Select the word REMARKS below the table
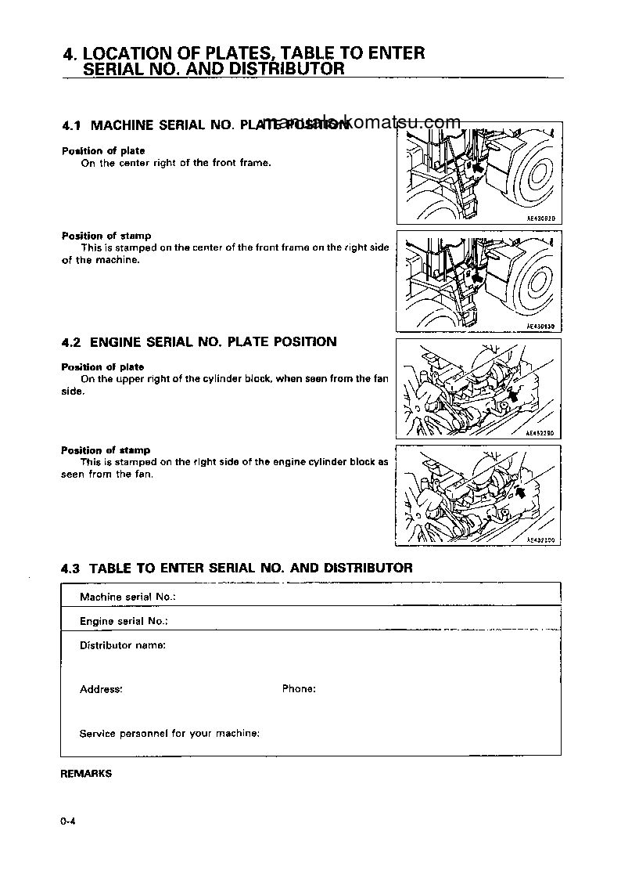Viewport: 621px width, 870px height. [86, 774]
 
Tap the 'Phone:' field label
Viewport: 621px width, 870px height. [299, 689]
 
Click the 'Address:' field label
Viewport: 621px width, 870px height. [101, 690]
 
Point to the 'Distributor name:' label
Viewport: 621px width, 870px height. [122, 646]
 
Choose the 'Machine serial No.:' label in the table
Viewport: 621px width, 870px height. [127, 597]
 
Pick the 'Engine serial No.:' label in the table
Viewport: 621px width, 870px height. [124, 621]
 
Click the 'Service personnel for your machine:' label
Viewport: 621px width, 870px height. [170, 734]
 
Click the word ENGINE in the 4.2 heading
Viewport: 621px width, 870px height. [117, 342]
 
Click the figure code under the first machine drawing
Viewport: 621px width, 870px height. [540, 220]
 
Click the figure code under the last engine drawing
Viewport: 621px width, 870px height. [540, 540]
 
